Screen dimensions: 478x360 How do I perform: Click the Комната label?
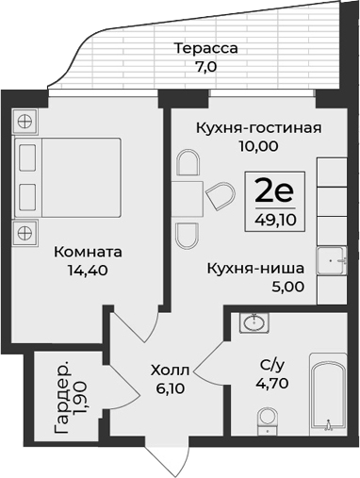click(x=87, y=253)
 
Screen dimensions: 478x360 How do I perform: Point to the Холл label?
click(x=171, y=369)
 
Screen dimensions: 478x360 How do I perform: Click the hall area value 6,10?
click(x=171, y=387)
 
